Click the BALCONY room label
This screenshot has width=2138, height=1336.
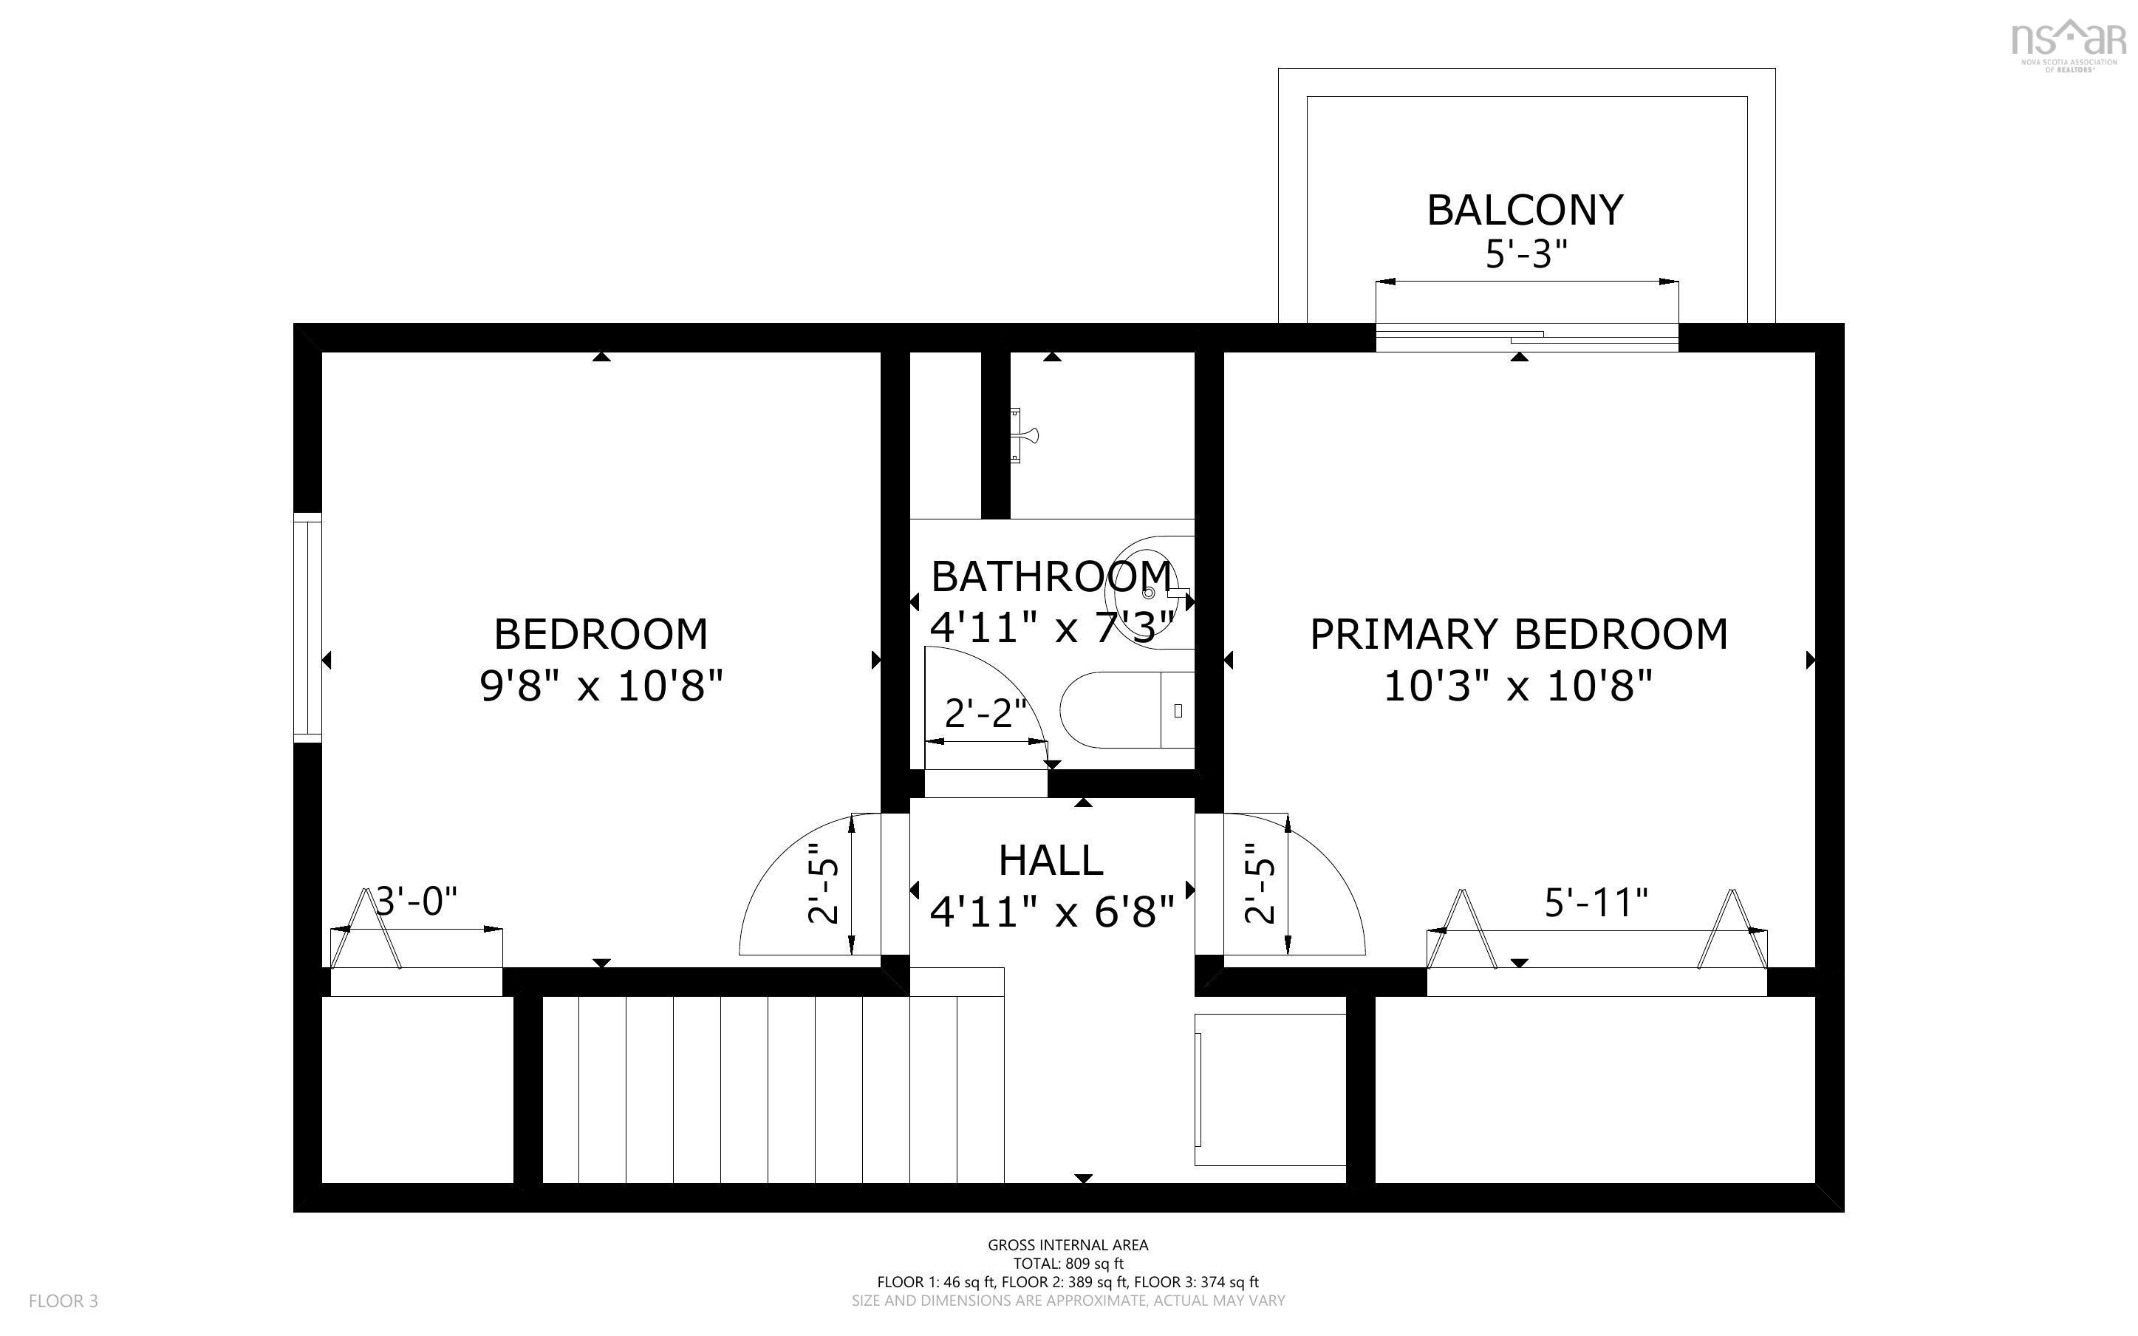pyautogui.click(x=1525, y=211)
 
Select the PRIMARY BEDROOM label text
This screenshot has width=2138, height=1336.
pyautogui.click(x=1518, y=635)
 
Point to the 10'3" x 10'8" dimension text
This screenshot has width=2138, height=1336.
pyautogui.click(x=1518, y=686)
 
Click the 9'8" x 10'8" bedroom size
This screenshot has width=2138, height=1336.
pyautogui.click(x=601, y=686)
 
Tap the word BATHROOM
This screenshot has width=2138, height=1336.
pyautogui.click(x=1051, y=577)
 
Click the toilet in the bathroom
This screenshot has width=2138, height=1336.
pyautogui.click(x=1127, y=709)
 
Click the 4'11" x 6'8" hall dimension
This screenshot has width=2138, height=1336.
pyautogui.click(x=1052, y=912)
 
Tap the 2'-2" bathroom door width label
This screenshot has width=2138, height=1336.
pyautogui.click(x=986, y=713)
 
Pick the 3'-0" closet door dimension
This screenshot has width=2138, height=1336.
pyautogui.click(x=417, y=902)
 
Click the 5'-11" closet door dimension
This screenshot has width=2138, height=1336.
pyautogui.click(x=1596, y=902)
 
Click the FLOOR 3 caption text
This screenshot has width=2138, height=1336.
pyautogui.click(x=64, y=1301)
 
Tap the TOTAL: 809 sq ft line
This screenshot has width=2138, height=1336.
pyautogui.click(x=1068, y=1264)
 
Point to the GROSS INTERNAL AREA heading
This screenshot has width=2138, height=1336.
pyautogui.click(x=1068, y=1245)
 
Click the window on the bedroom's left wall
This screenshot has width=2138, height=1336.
pyautogui.click(x=307, y=627)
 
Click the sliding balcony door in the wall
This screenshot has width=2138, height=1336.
pyautogui.click(x=1527, y=338)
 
